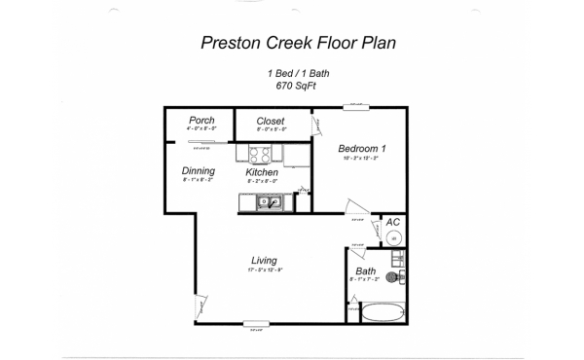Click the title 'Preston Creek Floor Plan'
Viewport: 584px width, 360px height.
pyautogui.click(x=299, y=43)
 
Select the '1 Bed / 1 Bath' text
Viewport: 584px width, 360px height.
pyautogui.click(x=299, y=74)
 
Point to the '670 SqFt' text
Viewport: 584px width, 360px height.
pyautogui.click(x=299, y=86)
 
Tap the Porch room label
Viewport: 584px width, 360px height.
pyautogui.click(x=201, y=121)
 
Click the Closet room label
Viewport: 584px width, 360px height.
pyautogui.click(x=271, y=122)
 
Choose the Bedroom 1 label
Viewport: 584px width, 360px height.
pyautogui.click(x=362, y=149)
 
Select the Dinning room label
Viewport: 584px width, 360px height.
pyautogui.click(x=199, y=171)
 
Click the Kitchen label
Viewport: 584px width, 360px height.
pyautogui.click(x=262, y=172)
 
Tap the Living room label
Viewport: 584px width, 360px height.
pyautogui.click(x=264, y=261)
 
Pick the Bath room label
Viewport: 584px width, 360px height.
pyautogui.click(x=365, y=271)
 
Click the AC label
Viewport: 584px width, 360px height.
pyautogui.click(x=393, y=222)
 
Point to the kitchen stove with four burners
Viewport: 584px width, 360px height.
pyautogui.click(x=261, y=153)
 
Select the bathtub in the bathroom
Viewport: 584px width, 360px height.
pyautogui.click(x=382, y=312)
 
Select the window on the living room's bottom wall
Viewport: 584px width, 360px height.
pyautogui.click(x=256, y=324)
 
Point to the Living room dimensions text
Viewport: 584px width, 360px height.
pyautogui.click(x=264, y=270)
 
